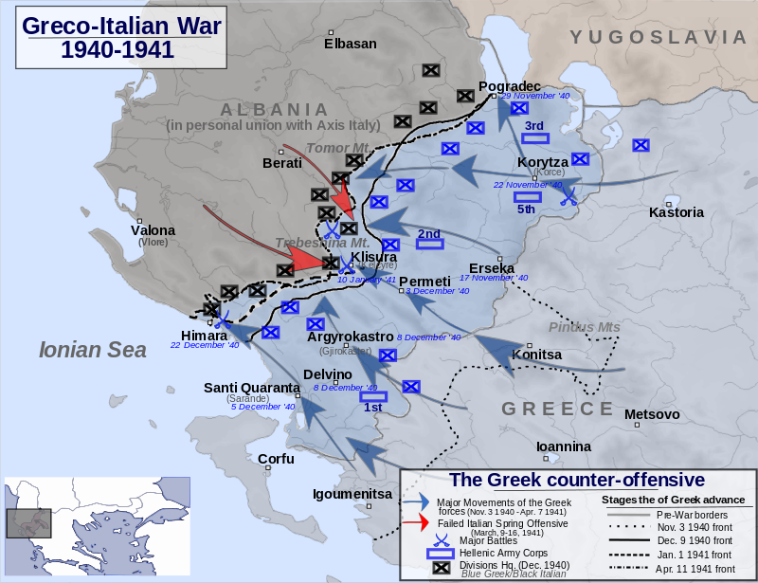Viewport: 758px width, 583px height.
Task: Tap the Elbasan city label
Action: (350, 44)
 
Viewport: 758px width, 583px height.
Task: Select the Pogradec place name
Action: (510, 85)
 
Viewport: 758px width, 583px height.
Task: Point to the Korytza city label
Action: (543, 162)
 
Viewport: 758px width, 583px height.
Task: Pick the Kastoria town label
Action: (676, 212)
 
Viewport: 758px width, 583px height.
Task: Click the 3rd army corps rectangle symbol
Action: (535, 138)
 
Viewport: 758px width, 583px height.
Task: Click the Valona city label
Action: (153, 230)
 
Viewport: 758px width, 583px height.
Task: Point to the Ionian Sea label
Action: (92, 350)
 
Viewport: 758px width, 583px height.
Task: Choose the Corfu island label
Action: (276, 459)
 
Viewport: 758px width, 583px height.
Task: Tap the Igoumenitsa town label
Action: (352, 494)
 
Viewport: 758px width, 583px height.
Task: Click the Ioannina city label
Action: (563, 446)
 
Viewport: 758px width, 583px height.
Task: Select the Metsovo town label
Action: (652, 414)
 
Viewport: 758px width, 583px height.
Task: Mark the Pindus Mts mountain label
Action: (584, 327)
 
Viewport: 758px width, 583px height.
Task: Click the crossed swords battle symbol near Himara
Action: (221, 320)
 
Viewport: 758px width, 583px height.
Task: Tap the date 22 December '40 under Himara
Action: (205, 346)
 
